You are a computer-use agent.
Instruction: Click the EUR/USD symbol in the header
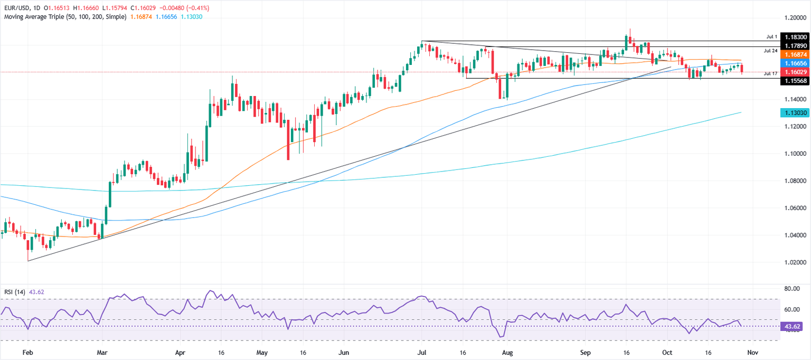[17, 8]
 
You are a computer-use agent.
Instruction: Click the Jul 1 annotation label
[772, 37]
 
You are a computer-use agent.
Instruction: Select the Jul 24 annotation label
[770, 51]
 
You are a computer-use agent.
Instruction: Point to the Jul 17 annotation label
[770, 74]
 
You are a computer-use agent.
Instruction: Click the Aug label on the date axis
[507, 351]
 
